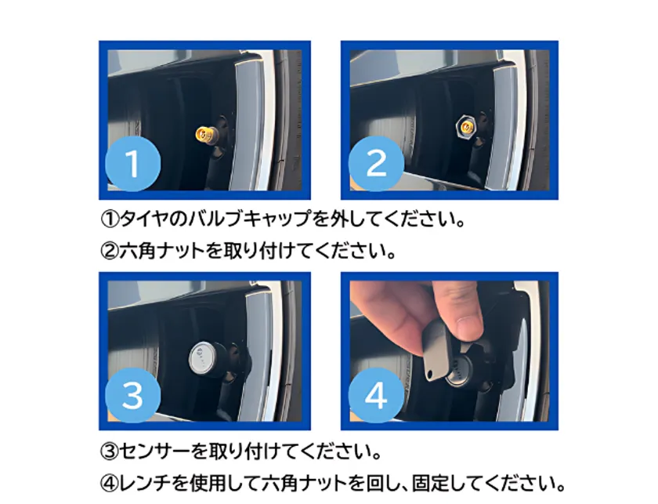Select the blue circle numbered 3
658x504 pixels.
click(132, 396)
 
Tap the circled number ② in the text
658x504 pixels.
click(108, 252)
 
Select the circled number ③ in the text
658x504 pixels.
click(108, 452)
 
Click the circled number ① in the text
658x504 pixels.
click(108, 218)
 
